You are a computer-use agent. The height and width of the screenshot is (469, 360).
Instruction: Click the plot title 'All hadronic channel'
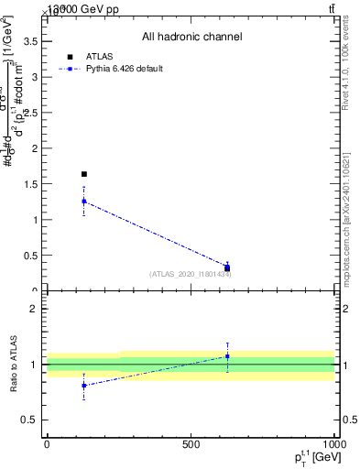[x=191, y=38]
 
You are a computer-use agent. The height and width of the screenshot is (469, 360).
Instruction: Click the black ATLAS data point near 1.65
[x=84, y=174]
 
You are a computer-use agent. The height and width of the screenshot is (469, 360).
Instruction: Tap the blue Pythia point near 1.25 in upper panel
[x=84, y=202]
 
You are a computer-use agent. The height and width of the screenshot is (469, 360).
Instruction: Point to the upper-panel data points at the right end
[x=227, y=267]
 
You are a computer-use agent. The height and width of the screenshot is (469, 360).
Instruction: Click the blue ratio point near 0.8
[x=84, y=386]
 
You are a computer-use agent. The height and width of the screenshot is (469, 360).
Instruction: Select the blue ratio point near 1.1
[x=227, y=356]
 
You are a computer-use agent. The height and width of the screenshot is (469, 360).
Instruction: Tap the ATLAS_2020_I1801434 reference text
[x=190, y=274]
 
